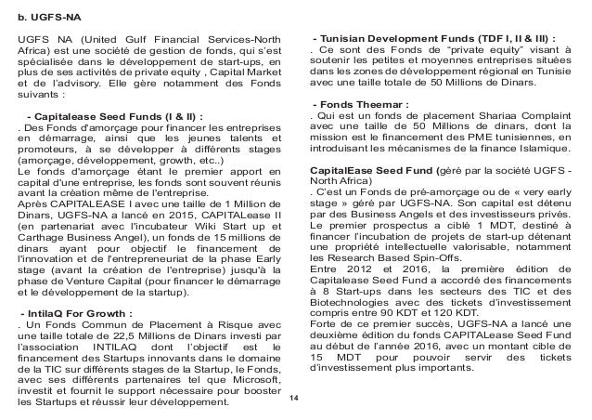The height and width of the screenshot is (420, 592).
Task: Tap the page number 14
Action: point(294,398)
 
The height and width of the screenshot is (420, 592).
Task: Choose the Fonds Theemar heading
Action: point(363,102)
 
